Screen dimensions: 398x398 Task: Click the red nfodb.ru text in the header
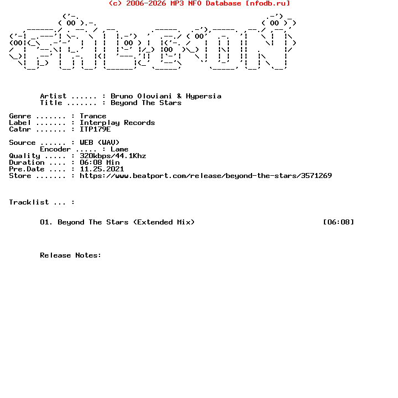pos(268,3)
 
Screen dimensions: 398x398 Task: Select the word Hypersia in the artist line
pos(203,96)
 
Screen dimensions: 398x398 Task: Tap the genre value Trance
pos(93,116)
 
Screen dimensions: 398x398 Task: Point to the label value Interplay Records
pos(117,123)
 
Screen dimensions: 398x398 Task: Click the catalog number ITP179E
pos(95,129)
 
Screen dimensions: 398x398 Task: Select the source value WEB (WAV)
pos(99,143)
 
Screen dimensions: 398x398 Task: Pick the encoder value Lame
pos(119,149)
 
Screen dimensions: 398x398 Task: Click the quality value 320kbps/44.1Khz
pos(113,156)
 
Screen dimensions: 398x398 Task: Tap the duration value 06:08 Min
pos(99,163)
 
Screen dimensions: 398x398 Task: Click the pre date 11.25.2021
pos(102,169)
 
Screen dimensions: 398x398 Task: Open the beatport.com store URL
pos(206,176)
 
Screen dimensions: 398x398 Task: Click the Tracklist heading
pos(29,202)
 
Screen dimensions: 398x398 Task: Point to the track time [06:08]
pos(339,222)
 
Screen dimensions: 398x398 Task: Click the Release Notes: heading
pos(71,255)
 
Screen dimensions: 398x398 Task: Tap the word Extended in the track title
pos(155,222)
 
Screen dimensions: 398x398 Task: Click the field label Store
pos(20,176)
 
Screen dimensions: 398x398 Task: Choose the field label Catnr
pos(20,129)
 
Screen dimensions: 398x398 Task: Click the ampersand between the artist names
pos(179,96)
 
